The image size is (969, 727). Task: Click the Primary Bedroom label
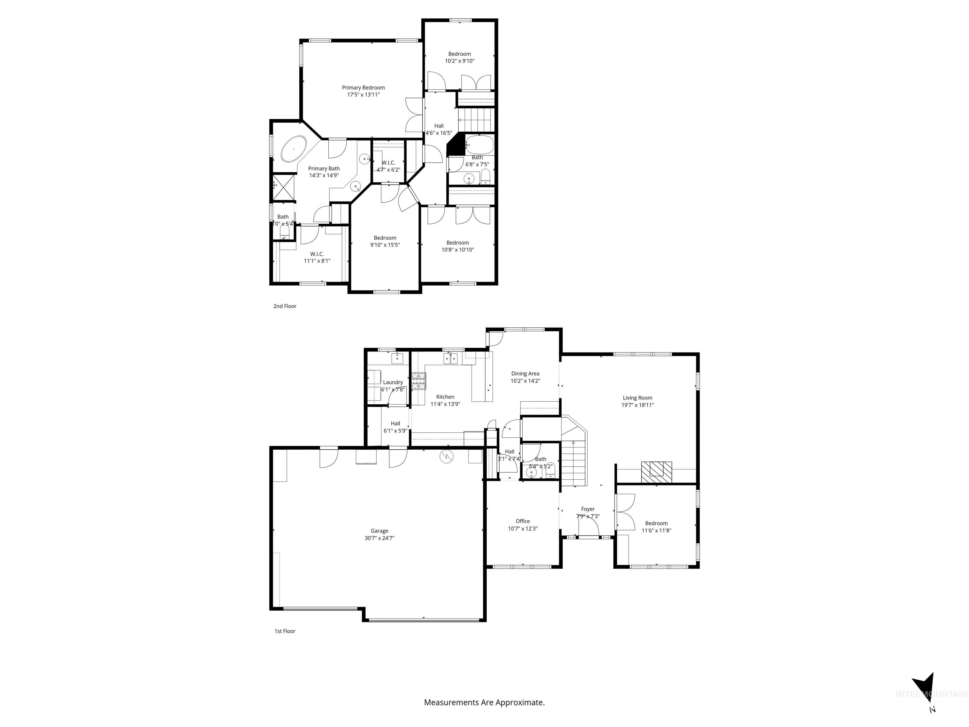pos(363,88)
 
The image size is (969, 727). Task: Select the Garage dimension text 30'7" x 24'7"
pos(379,538)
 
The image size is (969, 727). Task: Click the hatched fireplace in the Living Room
pos(656,472)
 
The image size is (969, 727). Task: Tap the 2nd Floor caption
pos(285,306)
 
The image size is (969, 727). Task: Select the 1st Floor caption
pos(285,631)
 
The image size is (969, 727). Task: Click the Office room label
pos(523,521)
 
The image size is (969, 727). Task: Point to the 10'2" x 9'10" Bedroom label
pos(460,54)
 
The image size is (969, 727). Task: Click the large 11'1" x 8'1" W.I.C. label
pos(317,254)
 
